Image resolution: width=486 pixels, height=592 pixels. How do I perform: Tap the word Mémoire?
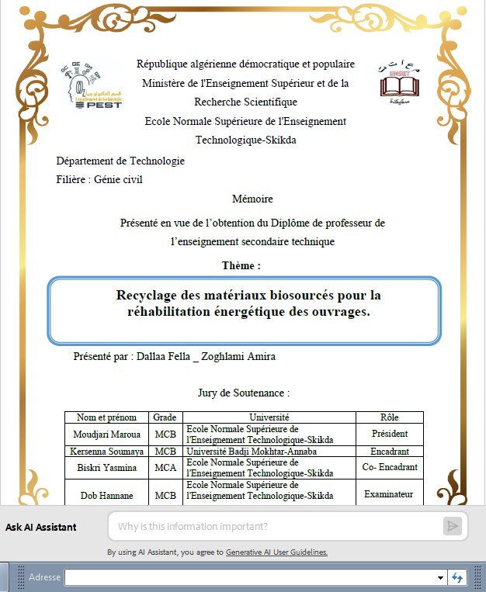point(252,199)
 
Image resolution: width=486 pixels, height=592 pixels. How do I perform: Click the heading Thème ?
point(241,265)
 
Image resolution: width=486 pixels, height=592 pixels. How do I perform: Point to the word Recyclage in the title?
point(148,296)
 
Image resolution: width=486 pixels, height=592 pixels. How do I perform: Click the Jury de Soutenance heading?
point(244,393)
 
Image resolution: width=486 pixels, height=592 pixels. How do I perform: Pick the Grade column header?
point(165,417)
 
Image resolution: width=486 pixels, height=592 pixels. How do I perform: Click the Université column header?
point(269,417)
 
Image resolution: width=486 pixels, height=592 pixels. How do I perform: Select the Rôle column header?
point(390,417)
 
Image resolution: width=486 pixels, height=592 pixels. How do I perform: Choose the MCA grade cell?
point(165,467)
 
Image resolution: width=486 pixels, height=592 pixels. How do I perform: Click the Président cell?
point(390,434)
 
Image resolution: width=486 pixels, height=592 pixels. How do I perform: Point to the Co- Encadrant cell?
point(390,467)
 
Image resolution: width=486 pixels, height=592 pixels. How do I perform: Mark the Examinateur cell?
point(390,493)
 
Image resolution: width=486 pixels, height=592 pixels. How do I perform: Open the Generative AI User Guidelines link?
point(276,552)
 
